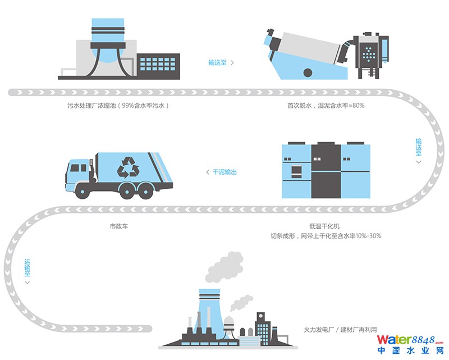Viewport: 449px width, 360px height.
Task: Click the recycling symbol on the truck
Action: (x=128, y=167)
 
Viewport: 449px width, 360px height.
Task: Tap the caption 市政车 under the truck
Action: (x=118, y=227)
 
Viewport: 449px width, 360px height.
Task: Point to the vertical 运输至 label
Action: (x=27, y=270)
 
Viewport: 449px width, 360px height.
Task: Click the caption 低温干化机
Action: (x=325, y=226)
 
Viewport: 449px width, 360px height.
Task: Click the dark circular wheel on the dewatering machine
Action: (x=308, y=72)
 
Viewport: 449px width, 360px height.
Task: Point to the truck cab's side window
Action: (x=75, y=168)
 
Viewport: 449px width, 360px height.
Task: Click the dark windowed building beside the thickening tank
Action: (x=157, y=66)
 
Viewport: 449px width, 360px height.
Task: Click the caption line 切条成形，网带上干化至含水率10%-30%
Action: (x=325, y=236)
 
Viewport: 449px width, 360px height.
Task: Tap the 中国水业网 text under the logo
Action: (x=410, y=351)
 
